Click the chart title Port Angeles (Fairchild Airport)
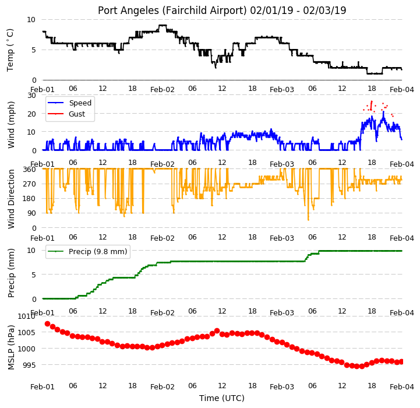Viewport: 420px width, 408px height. coord(172,10)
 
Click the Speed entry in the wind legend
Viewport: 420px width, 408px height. coord(80,103)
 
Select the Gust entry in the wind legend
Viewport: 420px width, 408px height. coord(77,114)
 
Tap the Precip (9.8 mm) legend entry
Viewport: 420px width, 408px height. coord(98,251)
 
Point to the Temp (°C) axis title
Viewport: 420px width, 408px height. coord(10,50)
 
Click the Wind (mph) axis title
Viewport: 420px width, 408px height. coord(10,125)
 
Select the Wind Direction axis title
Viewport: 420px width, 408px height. coord(10,199)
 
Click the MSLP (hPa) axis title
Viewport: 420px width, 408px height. coord(10,347)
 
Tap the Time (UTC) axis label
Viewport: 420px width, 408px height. coord(222,398)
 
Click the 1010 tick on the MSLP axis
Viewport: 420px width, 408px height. coord(27,316)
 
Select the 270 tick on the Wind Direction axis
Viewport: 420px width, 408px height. coord(30,184)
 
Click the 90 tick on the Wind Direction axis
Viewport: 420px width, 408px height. coord(32,213)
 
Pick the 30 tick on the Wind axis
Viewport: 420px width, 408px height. coord(31,96)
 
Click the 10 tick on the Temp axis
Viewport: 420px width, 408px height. coord(31,20)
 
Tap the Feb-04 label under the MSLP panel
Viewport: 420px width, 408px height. coord(402,387)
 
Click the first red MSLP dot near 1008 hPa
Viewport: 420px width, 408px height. coord(47,324)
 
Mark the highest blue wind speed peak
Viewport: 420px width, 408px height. coord(383,111)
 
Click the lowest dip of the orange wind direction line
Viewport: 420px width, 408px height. coord(308,220)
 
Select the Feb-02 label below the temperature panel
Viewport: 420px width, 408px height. coord(163,90)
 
